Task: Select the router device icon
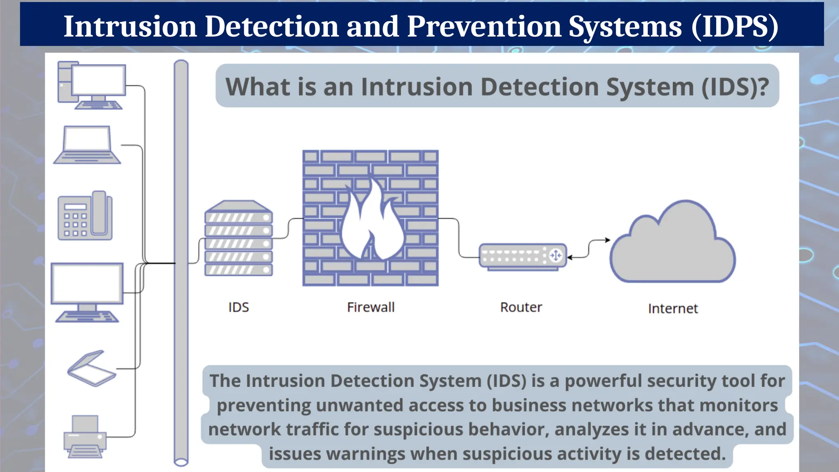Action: click(522, 256)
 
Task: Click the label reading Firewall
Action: click(371, 307)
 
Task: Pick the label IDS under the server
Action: click(238, 307)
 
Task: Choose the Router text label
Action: click(521, 307)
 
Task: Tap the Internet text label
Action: click(673, 309)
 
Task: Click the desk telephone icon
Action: click(85, 216)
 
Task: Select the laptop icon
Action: click(87, 145)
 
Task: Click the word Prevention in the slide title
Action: click(483, 26)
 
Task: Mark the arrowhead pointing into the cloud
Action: click(608, 240)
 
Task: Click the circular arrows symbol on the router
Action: click(556, 256)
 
